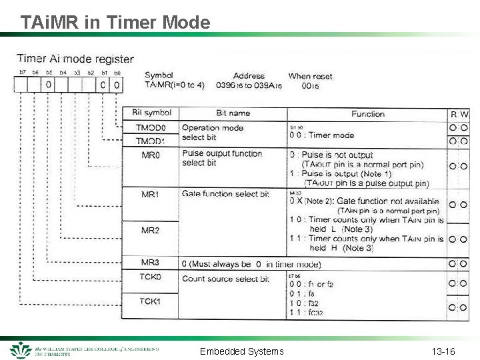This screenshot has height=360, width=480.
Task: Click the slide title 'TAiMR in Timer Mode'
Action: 115,23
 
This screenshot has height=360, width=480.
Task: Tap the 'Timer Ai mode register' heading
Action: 75,59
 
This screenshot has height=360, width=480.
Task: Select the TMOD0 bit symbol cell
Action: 151,128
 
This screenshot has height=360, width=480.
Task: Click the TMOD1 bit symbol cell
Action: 151,141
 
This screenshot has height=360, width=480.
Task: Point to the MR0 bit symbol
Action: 151,155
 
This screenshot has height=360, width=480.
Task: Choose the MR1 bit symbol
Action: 151,195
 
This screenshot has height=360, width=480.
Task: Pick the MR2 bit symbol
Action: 151,230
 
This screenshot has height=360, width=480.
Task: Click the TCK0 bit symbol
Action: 151,277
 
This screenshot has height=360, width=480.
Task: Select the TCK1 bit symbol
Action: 151,301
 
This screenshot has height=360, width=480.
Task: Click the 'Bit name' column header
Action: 233,113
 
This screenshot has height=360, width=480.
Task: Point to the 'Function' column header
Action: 368,114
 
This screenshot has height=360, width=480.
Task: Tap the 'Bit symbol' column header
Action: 151,113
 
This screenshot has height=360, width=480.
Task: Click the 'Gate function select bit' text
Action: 225,194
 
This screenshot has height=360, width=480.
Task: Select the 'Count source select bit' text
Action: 225,279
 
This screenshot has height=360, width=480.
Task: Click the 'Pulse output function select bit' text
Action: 221,158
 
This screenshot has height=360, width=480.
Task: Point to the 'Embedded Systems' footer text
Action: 242,351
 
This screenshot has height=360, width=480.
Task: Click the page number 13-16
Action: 443,351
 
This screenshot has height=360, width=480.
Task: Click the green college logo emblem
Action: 21,350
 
